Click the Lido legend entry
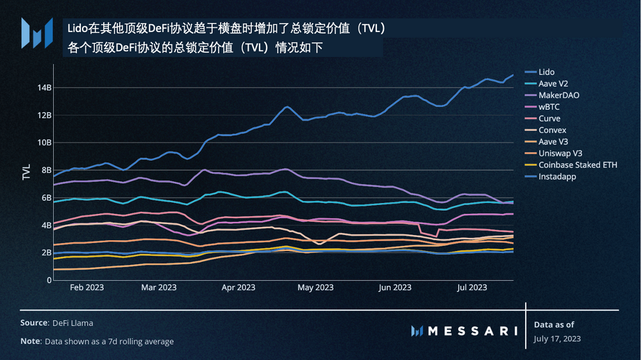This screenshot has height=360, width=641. pos(546,72)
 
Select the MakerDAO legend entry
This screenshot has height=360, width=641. pos(559,95)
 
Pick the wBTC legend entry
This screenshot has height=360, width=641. pos(550,107)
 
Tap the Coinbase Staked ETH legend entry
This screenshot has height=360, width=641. pos(578,165)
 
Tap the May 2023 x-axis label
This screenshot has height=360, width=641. pos(315,288)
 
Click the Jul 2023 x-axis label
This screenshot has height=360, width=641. pos(472,288)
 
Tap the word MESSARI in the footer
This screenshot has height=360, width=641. pos(472,331)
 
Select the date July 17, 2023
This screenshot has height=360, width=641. pos(557,338)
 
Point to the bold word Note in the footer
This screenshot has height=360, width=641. pos(30,341)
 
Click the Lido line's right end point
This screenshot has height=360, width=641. pos(513,75)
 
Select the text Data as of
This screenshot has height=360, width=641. pos(554,325)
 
